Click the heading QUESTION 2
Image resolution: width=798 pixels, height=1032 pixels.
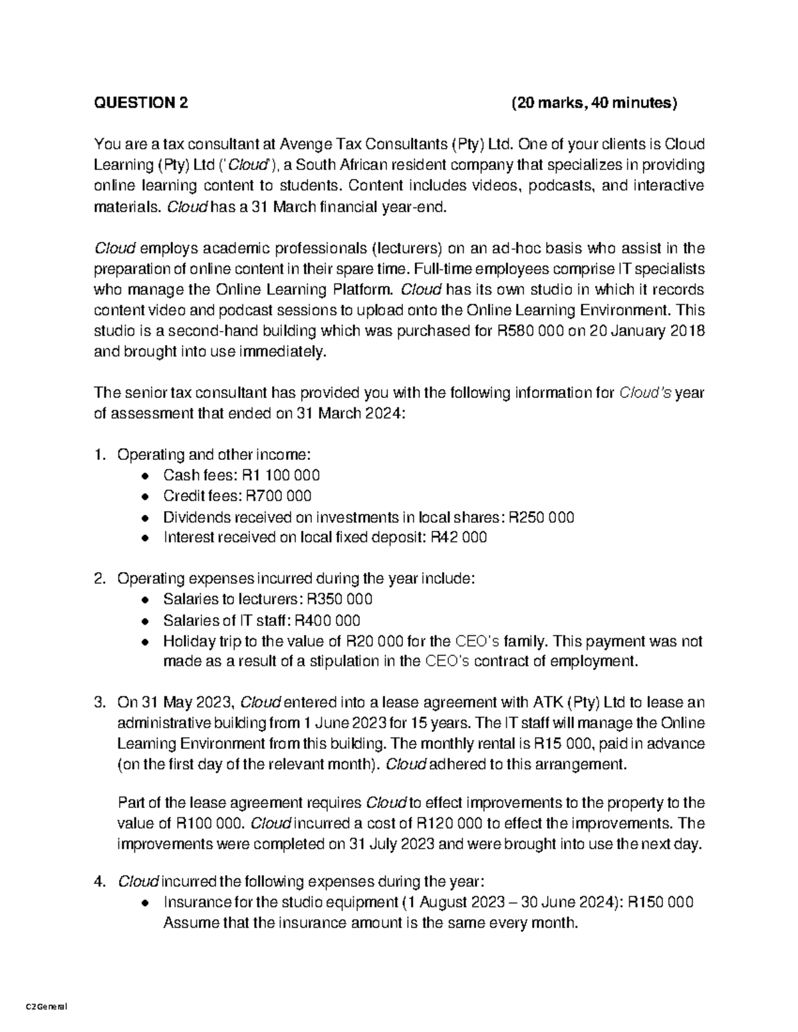point(141,103)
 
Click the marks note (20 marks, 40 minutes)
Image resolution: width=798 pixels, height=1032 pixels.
point(594,103)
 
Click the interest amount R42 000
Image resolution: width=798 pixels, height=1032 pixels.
point(459,538)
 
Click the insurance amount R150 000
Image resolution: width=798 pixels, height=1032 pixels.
point(660,902)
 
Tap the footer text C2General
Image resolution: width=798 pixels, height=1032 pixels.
point(46,1007)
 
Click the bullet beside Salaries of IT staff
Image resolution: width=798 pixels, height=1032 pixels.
point(146,621)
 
